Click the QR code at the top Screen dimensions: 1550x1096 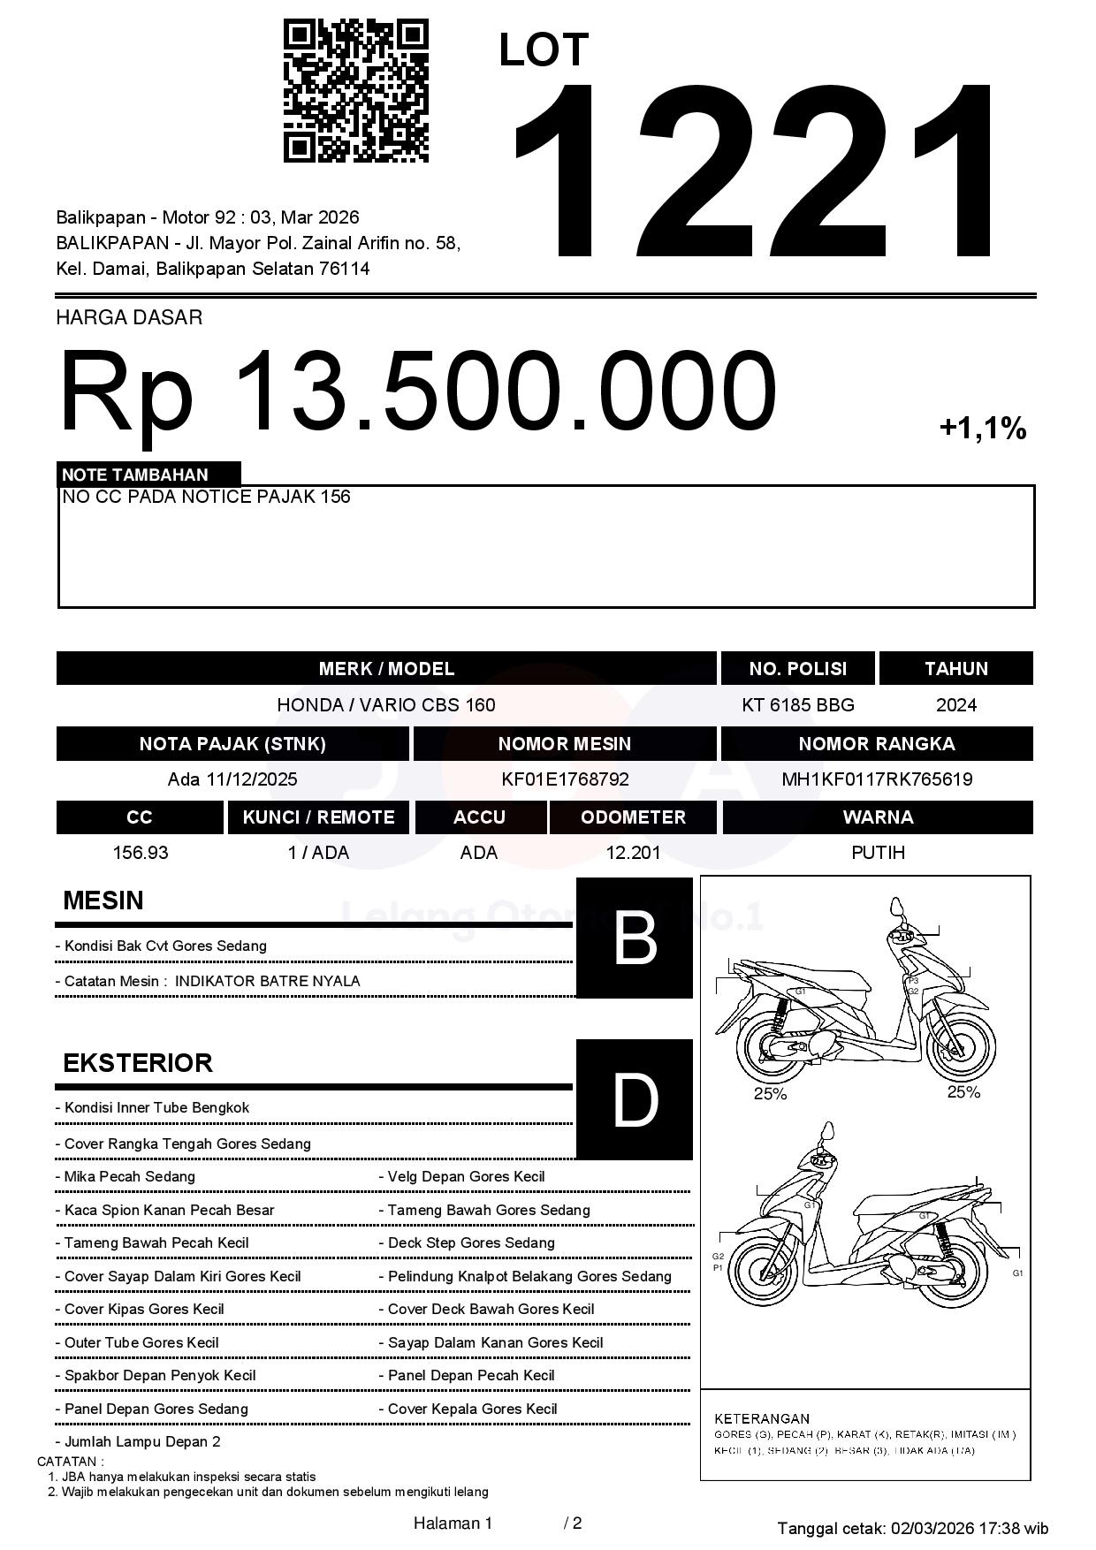coord(355,91)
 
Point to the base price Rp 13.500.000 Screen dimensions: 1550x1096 coord(417,391)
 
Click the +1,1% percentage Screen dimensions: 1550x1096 coord(982,429)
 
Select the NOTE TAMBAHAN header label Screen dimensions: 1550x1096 coord(135,475)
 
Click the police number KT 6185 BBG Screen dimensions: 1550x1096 coord(797,705)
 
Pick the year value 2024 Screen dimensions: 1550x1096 coord(955,705)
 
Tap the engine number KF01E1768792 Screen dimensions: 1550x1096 coord(565,779)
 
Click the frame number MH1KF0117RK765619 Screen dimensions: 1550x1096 coord(877,779)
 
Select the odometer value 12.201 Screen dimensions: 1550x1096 coord(633,853)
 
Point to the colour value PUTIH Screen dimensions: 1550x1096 coord(878,853)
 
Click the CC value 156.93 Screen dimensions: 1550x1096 coord(140,853)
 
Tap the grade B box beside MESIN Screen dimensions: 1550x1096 coord(634,938)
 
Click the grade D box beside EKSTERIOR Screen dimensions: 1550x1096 coord(634,1099)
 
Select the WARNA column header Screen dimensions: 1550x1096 coord(878,817)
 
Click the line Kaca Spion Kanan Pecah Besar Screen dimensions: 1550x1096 coord(169,1210)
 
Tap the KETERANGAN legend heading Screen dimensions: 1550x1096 coord(762,1418)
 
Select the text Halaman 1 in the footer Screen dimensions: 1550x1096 coord(453,1523)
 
